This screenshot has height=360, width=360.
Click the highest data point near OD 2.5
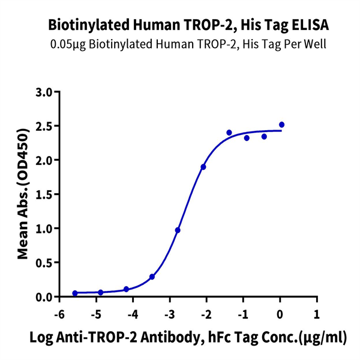[282, 125]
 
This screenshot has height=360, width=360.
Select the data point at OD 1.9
[203, 167]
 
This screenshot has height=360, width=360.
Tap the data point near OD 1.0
[178, 230]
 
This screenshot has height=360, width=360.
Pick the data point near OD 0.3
[152, 277]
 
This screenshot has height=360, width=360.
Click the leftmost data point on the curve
[75, 293]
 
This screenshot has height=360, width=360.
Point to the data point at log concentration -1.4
[229, 133]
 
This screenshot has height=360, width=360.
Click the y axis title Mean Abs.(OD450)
[23, 194]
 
